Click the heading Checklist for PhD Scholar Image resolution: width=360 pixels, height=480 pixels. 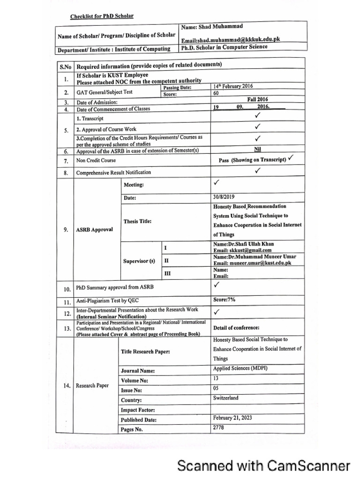click(x=102, y=16)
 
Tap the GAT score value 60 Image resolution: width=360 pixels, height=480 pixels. click(x=216, y=93)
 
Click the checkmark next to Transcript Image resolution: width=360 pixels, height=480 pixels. click(x=257, y=115)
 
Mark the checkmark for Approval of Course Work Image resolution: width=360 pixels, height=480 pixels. click(x=257, y=127)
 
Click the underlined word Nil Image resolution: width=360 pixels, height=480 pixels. click(x=257, y=149)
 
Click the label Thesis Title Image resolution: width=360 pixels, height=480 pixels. click(x=137, y=221)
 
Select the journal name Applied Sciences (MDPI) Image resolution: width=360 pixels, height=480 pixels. click(x=240, y=368)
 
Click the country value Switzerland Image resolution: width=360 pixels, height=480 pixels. click(x=225, y=398)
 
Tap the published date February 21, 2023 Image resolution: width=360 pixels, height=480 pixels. click(x=235, y=418)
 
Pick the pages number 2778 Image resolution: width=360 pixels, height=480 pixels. click(x=219, y=427)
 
